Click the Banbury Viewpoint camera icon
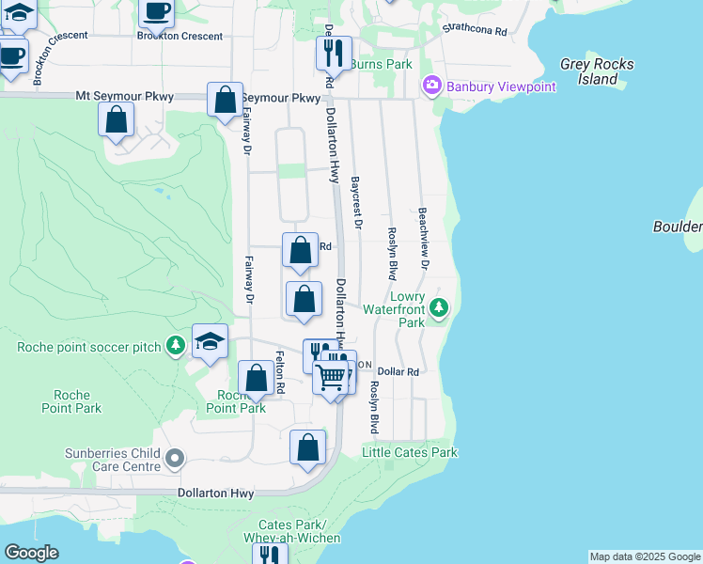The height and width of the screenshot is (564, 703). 431,86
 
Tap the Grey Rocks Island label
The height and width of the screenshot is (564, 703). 597,71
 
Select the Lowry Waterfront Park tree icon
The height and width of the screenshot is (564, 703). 438,306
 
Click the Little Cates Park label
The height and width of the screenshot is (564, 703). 410,452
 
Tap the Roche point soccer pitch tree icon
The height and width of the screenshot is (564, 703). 175,347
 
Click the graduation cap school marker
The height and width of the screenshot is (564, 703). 211,341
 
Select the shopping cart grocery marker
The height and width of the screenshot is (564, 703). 330,378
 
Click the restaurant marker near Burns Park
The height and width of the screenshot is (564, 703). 332,54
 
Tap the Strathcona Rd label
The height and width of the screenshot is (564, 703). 475,30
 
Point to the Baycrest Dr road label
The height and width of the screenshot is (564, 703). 356,202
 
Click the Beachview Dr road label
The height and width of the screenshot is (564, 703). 424,240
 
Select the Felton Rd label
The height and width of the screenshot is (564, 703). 280,371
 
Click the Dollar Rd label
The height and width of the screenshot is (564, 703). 398,372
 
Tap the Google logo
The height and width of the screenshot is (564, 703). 31,553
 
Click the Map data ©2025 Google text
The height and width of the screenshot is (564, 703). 645,556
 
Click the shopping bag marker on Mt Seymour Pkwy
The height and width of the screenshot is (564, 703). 225,100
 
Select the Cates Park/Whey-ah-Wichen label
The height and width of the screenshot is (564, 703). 291,531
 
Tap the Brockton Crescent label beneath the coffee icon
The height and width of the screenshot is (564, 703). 180,36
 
